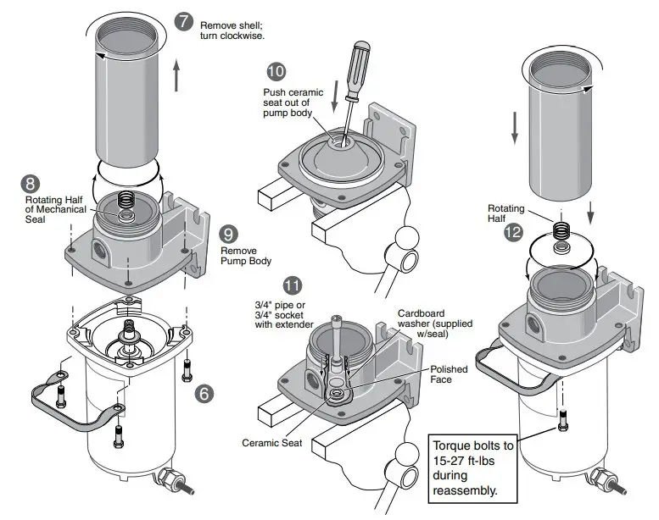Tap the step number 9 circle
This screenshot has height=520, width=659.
tap(228, 234)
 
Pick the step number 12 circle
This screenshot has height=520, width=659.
tap(513, 232)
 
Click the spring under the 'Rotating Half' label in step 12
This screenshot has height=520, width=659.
tap(561, 230)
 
